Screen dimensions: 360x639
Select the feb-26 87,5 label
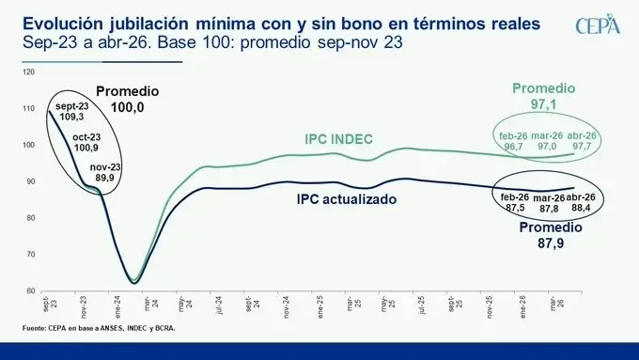tap(512, 202)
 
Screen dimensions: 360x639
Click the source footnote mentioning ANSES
tap(99, 328)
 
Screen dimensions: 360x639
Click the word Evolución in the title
tap(55, 22)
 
